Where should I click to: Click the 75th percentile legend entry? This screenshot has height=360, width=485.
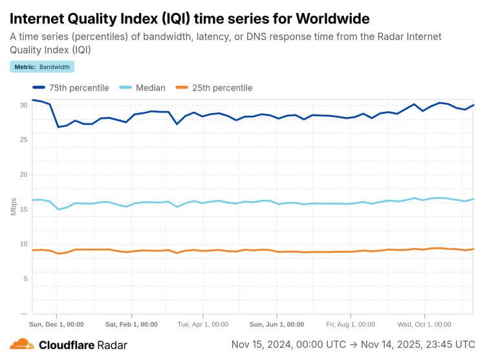pos(71,88)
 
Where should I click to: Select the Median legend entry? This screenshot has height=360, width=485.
pos(143,88)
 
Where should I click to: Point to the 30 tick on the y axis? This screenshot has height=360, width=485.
pos(23,105)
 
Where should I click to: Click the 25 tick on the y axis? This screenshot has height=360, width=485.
pos(23,140)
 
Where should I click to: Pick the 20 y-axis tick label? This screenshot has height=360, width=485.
pos(23,175)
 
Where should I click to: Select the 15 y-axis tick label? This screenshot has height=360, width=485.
pos(23,209)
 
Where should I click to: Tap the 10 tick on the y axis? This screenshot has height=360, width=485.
pos(23,244)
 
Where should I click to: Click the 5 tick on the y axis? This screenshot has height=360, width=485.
pos(25,279)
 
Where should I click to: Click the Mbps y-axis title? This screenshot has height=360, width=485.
pos(14,206)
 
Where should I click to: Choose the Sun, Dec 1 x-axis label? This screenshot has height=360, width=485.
pos(58,324)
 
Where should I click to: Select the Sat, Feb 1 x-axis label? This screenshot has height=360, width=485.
pos(131,324)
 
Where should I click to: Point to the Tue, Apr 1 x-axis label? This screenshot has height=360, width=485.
pos(202,324)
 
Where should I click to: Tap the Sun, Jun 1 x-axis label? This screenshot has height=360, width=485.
pos(277,324)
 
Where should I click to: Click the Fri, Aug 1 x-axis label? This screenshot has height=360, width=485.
pos(350,324)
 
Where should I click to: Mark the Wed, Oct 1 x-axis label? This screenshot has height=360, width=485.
pos(424,324)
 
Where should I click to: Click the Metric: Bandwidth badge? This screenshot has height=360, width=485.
pos(42,67)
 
